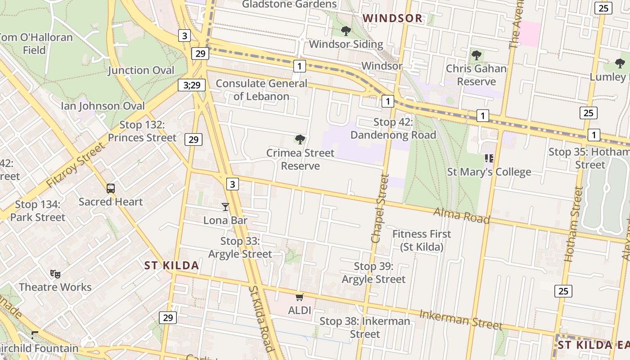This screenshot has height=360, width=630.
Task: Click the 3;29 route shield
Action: (192, 85)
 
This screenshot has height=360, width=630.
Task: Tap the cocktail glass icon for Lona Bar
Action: (225, 207)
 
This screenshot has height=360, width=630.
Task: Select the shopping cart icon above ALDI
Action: (300, 297)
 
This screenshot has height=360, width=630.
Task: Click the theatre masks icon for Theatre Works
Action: (55, 273)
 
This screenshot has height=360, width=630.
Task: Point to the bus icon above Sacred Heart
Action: (111, 189)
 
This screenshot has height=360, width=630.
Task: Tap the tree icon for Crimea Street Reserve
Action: (300, 139)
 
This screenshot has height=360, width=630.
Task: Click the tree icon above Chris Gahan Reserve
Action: (476, 56)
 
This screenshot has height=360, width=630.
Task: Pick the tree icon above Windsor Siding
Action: (346, 31)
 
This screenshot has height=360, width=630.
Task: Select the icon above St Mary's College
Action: (489, 158)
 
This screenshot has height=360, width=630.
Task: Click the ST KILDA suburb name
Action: (172, 265)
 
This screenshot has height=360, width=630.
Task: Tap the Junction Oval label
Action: (141, 71)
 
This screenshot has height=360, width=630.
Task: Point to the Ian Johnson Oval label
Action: (103, 106)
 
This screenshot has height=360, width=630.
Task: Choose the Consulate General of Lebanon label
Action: (261, 90)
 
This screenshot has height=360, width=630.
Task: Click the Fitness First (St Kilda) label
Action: (422, 240)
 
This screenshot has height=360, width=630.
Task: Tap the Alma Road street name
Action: (461, 216)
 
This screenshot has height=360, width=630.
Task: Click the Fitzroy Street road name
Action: (76, 165)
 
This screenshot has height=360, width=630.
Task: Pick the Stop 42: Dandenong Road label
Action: (393, 129)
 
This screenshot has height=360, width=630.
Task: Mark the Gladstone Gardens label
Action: (289, 4)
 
